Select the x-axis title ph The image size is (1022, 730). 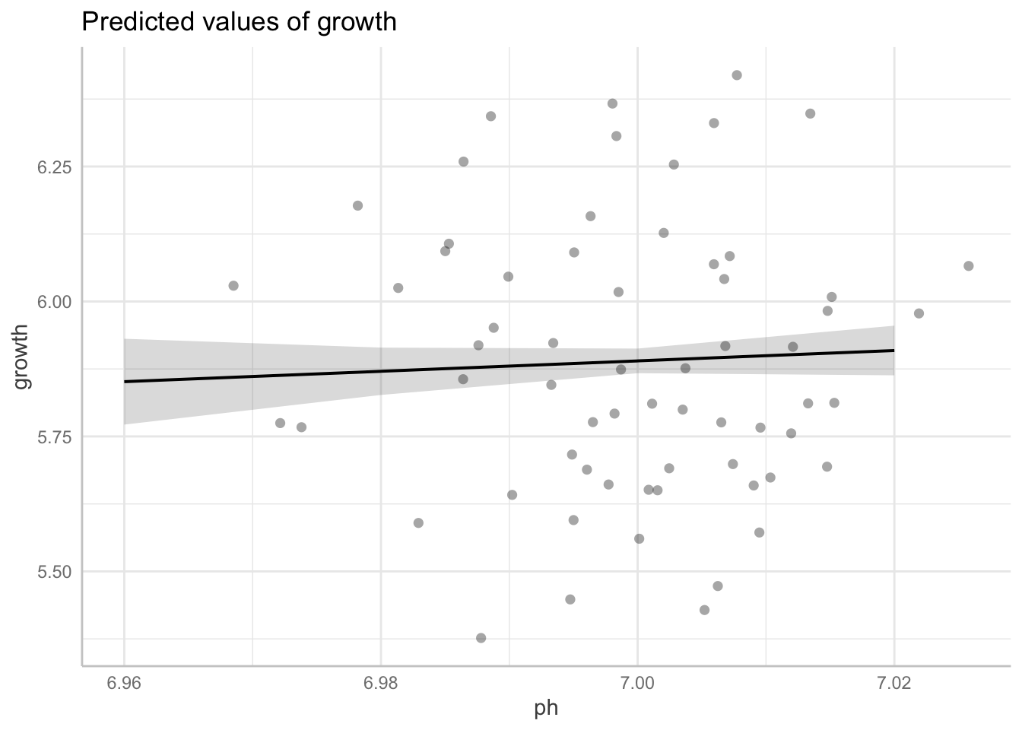click(x=546, y=709)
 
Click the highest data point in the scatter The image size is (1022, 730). click(x=737, y=75)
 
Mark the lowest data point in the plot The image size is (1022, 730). click(x=481, y=638)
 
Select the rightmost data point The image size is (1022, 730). click(x=968, y=266)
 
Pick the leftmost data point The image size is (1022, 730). click(x=233, y=286)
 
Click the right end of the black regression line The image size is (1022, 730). click(x=893, y=351)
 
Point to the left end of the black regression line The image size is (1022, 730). click(x=125, y=382)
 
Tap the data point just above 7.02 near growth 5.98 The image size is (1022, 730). click(x=919, y=313)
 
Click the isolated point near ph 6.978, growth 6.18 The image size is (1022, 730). click(x=357, y=206)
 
